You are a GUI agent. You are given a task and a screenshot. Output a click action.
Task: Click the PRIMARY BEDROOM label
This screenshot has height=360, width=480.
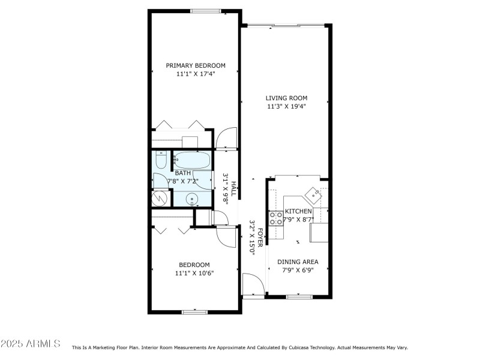[x=196, y=65]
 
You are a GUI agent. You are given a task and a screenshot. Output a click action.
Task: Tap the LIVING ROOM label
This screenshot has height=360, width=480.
[x=287, y=98]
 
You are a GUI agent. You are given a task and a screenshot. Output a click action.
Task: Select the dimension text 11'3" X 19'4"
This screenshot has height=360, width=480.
[x=287, y=107]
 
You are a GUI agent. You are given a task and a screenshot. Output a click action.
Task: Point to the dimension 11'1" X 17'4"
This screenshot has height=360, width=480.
[x=196, y=74]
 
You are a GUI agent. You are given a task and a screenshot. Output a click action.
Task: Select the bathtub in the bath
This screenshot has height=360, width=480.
[x=191, y=160]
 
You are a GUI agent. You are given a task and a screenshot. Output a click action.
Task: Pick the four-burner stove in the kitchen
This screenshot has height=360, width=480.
[x=276, y=218]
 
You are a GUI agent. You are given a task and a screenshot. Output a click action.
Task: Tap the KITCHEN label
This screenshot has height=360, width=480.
[x=298, y=211]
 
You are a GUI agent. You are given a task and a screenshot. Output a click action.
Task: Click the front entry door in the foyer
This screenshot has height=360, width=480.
[x=252, y=284]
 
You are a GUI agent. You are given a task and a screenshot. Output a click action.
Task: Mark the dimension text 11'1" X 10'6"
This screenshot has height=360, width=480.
[x=194, y=273]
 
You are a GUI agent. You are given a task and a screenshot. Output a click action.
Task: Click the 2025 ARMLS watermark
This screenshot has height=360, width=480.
[x=30, y=344]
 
